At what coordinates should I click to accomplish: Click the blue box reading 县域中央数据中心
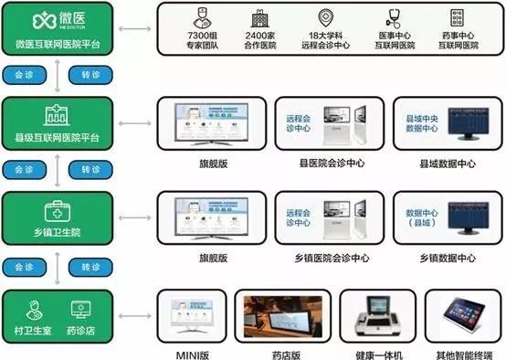tap(424, 124)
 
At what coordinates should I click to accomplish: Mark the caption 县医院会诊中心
tap(326, 164)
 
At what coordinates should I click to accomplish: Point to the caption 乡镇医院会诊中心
tap(326, 258)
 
